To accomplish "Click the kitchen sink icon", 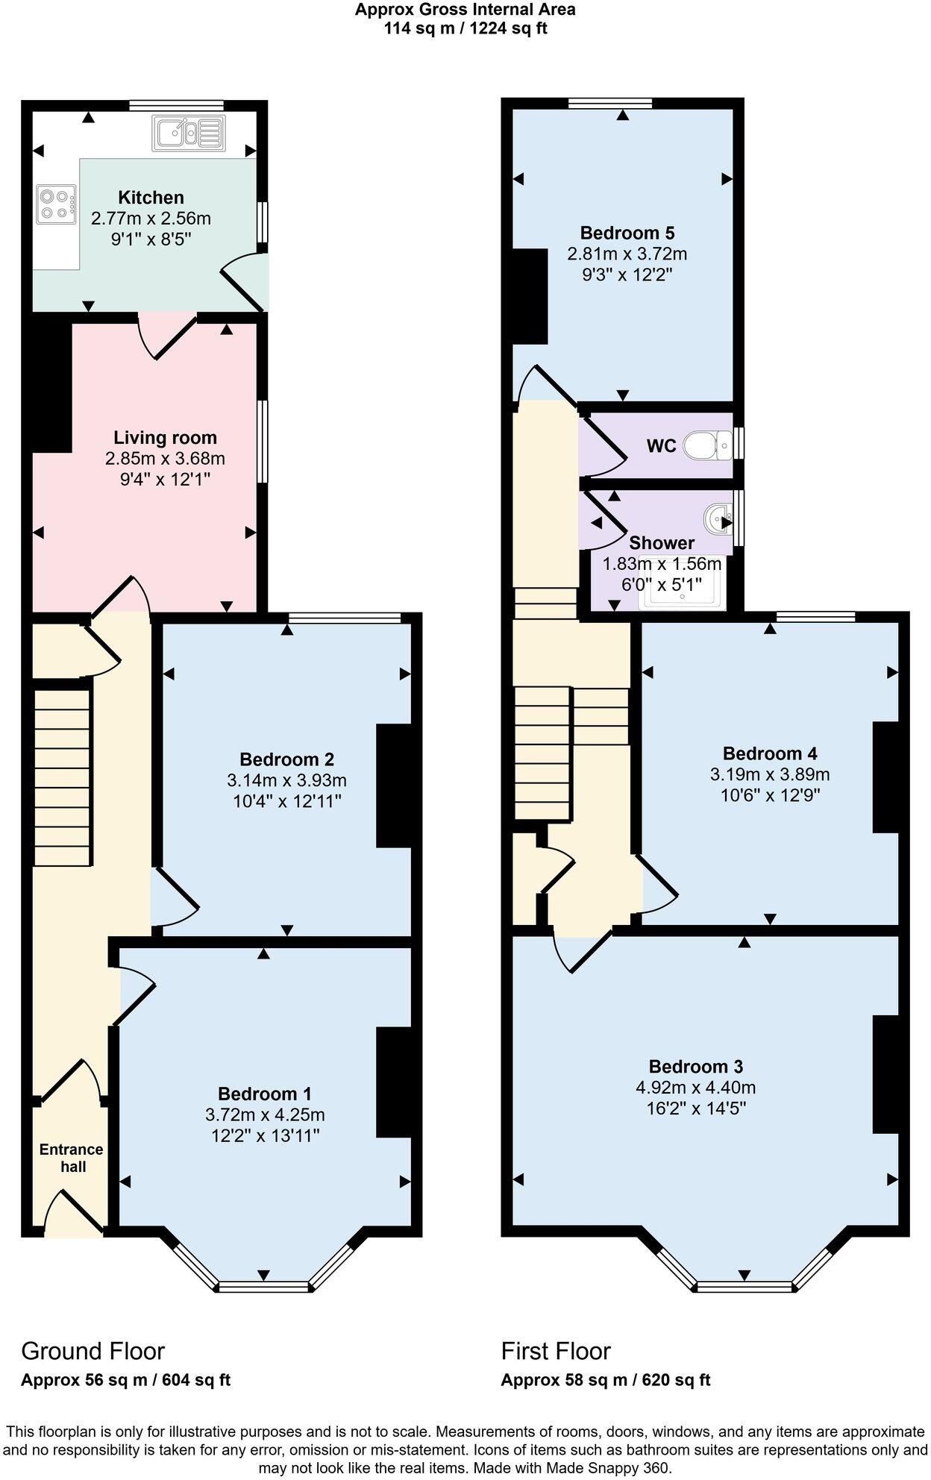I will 188,133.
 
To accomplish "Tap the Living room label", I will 165,438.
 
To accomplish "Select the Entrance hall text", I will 72,1158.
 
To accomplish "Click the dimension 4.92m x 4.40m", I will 695,1088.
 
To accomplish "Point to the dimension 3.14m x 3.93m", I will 286,780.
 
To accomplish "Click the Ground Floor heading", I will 93,1351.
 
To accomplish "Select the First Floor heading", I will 555,1351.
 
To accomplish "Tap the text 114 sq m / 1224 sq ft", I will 465,29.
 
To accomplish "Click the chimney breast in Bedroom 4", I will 885,777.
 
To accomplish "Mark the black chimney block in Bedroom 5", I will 530,295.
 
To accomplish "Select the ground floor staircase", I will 63,776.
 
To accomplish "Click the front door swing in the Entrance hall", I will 73,1213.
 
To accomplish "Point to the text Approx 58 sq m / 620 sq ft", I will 605,1380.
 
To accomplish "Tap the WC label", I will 660,446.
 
